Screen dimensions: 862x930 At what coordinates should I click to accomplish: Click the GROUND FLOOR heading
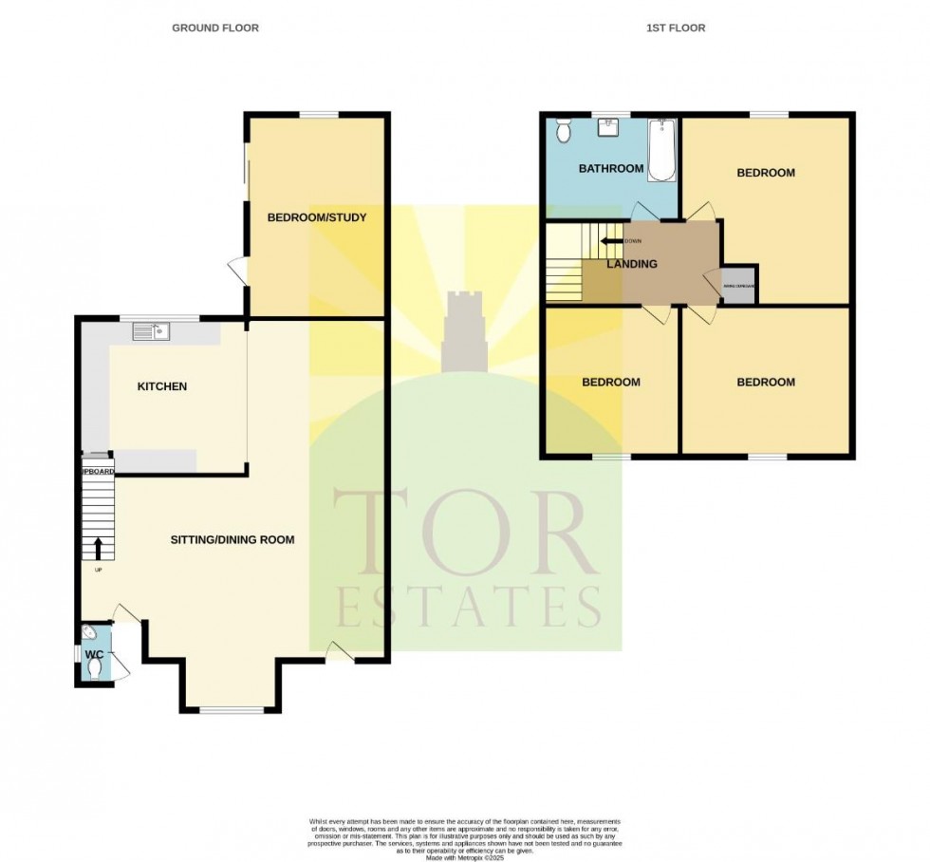pyautogui.click(x=214, y=28)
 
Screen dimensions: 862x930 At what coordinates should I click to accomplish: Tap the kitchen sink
pyautogui.click(x=151, y=331)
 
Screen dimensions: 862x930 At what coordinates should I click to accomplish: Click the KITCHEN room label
pyautogui.click(x=162, y=386)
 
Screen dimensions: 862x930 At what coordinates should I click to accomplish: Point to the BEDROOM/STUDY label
pyautogui.click(x=316, y=217)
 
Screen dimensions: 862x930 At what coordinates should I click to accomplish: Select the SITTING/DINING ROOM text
pyautogui.click(x=232, y=539)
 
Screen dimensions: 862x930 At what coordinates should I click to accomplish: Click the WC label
pyautogui.click(x=95, y=655)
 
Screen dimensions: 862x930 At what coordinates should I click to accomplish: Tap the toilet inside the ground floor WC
pyautogui.click(x=93, y=668)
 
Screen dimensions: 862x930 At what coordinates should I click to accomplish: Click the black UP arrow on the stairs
pyautogui.click(x=98, y=549)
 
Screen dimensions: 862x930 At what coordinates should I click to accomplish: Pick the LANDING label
pyautogui.click(x=632, y=264)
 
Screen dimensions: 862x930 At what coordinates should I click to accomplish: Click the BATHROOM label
pyautogui.click(x=611, y=169)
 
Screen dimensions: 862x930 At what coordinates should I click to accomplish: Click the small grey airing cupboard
pyautogui.click(x=739, y=285)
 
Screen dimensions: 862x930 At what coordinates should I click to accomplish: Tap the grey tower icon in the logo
pyautogui.click(x=465, y=331)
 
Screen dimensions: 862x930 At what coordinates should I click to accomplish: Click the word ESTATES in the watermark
pyautogui.click(x=467, y=607)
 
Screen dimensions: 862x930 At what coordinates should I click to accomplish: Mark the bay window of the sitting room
pyautogui.click(x=231, y=709)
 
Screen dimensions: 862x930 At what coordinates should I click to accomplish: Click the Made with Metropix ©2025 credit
pyautogui.click(x=465, y=857)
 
